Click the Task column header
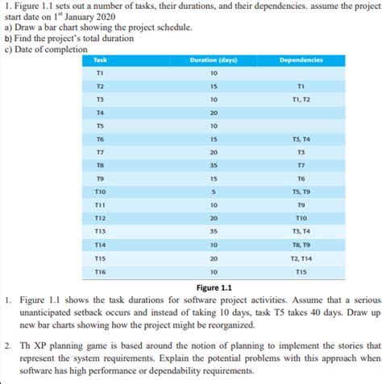[x=100, y=60]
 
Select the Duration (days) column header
[x=214, y=60]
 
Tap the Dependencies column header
[x=301, y=60]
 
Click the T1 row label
[x=100, y=73]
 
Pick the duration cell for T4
[x=214, y=113]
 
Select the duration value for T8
[x=214, y=165]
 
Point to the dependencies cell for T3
[x=301, y=100]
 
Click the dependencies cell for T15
[x=301, y=258]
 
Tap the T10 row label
[x=100, y=192]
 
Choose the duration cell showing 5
[x=214, y=192]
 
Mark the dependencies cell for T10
[x=301, y=192]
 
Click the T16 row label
[x=100, y=272]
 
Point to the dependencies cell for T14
[x=301, y=245]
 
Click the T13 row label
[x=100, y=231]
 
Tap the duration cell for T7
[x=214, y=152]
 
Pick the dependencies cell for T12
[x=301, y=218]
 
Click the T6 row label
[x=100, y=139]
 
